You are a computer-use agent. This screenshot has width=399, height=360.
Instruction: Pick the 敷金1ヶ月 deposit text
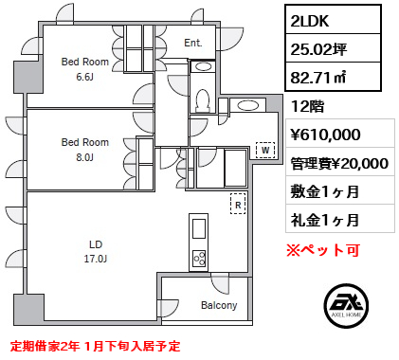tap(325, 192)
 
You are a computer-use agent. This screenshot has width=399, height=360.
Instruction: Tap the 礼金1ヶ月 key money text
tap(325, 220)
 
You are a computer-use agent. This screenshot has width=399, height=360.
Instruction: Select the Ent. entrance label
tap(193, 44)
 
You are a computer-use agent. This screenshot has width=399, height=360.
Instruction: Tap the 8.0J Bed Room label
tap(85, 149)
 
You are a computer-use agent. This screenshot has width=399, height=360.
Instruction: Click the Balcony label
tap(220, 306)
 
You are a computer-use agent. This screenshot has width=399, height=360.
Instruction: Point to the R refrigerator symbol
tap(239, 202)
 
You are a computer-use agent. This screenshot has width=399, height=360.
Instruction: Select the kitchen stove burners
tap(199, 256)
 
